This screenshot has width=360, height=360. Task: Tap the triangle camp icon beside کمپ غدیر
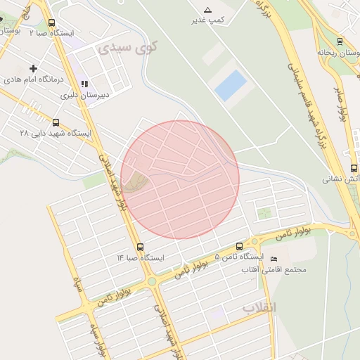[x=207, y=9]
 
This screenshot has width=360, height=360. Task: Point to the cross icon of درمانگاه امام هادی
[x=32, y=68]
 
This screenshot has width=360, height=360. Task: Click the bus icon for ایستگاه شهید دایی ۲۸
[x=56, y=122]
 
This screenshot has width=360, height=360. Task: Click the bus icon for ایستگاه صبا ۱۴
[x=141, y=247]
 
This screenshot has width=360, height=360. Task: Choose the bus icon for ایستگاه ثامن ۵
[x=240, y=247]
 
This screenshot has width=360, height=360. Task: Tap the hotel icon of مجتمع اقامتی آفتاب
[x=274, y=259]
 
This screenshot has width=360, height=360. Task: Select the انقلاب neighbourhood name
[x=260, y=308]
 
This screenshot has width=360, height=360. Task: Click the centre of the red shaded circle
[x=180, y=179]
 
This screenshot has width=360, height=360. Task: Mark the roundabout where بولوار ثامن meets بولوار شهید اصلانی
[x=151, y=281]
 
